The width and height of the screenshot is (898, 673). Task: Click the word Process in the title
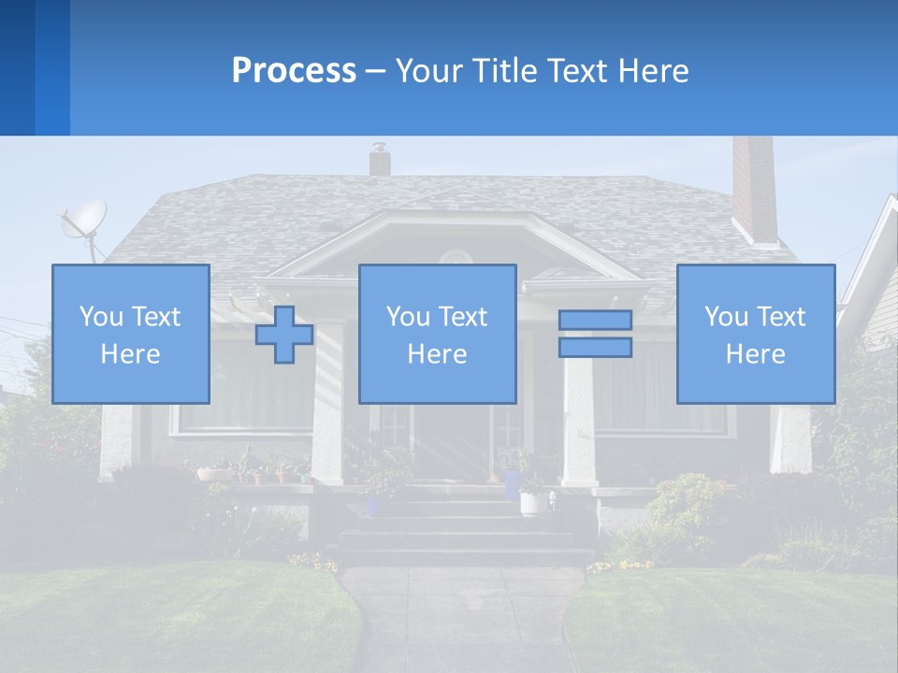(x=294, y=71)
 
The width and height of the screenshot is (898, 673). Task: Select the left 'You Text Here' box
(x=131, y=334)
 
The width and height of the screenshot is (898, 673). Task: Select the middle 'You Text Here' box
(x=437, y=334)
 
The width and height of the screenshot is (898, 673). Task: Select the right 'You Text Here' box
(x=755, y=334)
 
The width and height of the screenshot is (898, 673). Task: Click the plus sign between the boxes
(x=284, y=334)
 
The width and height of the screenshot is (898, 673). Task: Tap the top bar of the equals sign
(x=595, y=320)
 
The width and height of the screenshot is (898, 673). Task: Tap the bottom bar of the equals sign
(x=595, y=347)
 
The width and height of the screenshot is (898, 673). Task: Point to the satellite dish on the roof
(x=83, y=221)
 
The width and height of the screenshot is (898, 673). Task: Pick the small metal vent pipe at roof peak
(x=379, y=159)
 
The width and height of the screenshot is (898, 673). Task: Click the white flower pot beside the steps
(x=533, y=503)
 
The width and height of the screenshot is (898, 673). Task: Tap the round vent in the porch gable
(x=456, y=258)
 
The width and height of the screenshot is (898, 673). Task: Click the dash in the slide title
(x=375, y=71)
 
